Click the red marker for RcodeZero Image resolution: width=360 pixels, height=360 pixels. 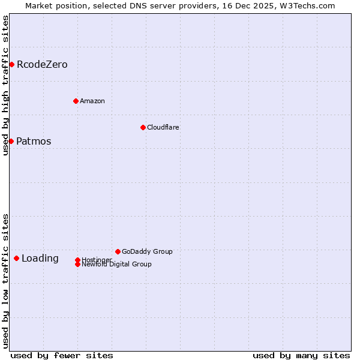[11, 64]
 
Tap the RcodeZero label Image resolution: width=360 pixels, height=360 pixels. [42, 65]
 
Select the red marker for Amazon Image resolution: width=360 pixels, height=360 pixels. [76, 101]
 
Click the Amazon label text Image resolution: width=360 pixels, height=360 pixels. [92, 101]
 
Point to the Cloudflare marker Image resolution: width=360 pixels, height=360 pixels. [143, 127]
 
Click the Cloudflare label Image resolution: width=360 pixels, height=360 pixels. [163, 127]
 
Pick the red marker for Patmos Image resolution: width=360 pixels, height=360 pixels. [11, 141]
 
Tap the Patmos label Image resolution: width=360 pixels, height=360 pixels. [34, 142]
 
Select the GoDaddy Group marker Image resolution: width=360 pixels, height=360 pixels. [118, 251]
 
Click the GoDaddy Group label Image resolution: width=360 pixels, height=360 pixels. [147, 251]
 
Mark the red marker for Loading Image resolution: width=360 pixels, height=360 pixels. [16, 258]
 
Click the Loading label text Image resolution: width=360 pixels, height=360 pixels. [40, 259]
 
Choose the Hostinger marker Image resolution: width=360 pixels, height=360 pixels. [77, 260]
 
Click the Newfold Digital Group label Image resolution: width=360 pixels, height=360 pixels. [116, 265]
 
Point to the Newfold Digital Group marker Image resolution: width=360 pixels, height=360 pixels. [77, 265]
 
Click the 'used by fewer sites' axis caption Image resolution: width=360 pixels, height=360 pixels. [62, 355]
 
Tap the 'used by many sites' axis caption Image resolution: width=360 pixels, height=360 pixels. [301, 355]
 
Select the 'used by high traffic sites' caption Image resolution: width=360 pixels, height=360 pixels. [5, 85]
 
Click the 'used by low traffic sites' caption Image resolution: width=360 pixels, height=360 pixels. [5, 280]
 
